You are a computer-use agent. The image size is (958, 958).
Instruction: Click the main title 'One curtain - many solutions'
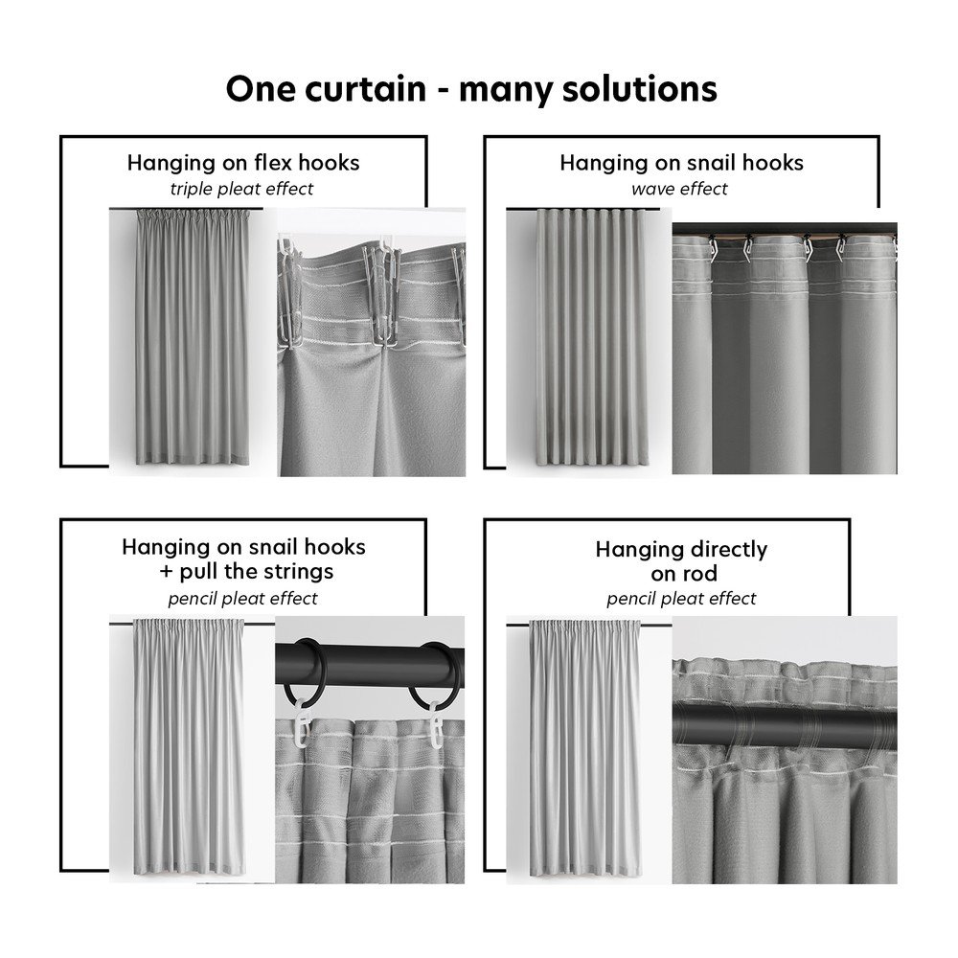[471, 88]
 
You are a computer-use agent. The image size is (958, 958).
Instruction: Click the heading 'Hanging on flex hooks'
[243, 163]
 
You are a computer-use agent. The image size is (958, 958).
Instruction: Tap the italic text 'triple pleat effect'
[242, 189]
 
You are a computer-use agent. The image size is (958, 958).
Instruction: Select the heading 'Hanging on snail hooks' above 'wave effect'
[681, 163]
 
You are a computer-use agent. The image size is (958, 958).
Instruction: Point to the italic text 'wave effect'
[679, 189]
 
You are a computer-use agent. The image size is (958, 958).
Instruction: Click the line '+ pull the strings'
[247, 571]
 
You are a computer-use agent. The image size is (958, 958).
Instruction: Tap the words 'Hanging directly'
[681, 549]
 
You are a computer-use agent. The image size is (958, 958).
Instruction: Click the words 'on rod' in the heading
[684, 574]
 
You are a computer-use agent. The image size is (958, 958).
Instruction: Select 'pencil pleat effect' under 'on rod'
[681, 598]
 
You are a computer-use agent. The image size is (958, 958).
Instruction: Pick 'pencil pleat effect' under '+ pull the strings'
[242, 598]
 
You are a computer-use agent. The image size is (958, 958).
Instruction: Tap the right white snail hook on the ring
[437, 725]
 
